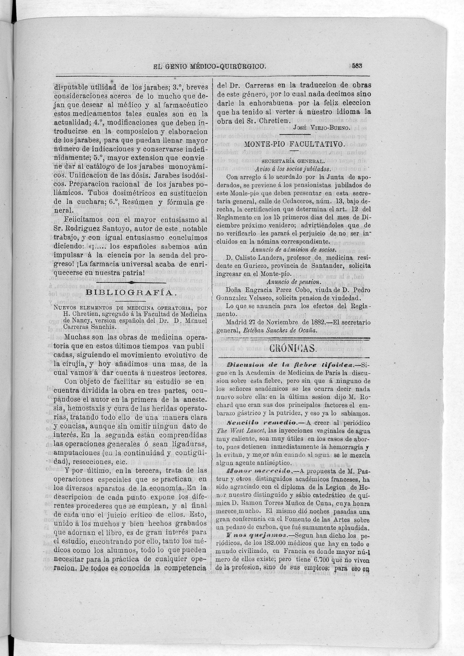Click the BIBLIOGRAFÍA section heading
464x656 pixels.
[129, 293]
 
